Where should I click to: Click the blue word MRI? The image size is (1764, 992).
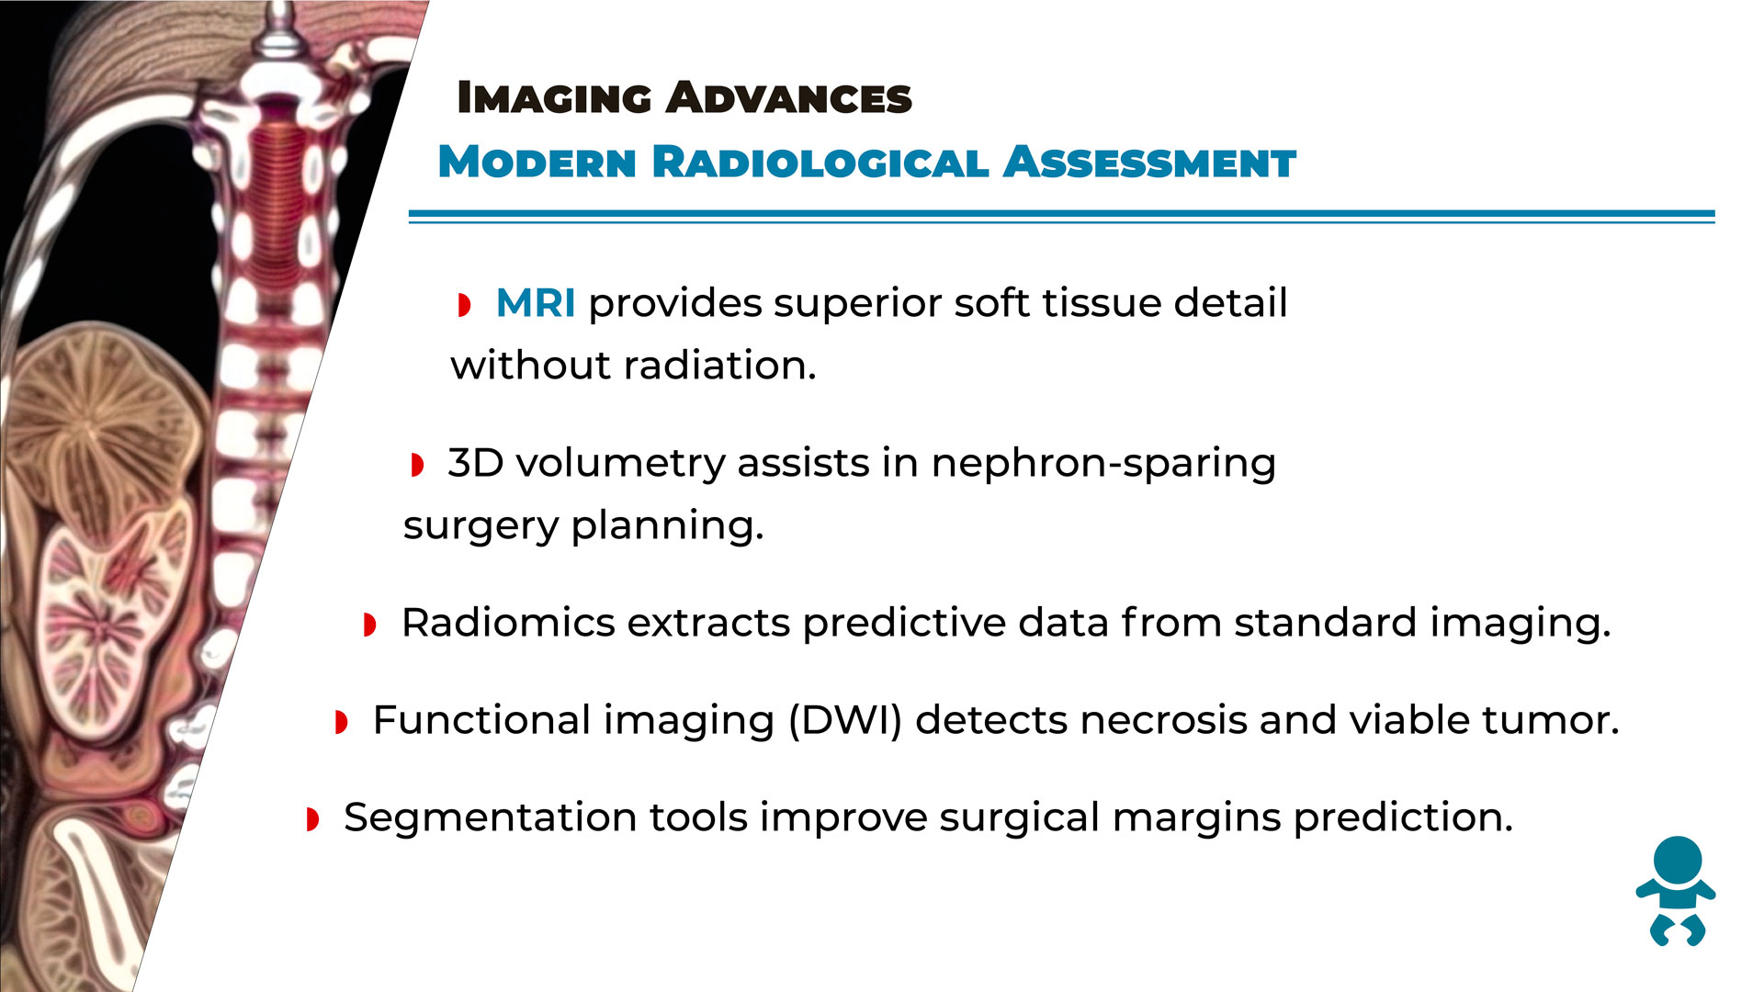point(536,303)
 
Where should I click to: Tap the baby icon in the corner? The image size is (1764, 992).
point(1676,891)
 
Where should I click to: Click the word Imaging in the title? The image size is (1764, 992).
point(555,97)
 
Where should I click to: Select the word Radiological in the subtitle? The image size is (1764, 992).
point(820,163)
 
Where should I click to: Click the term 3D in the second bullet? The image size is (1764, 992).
point(476,463)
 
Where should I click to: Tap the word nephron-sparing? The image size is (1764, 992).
point(1103,465)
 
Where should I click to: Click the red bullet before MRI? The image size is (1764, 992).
point(464,305)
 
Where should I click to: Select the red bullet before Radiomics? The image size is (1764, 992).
point(370,626)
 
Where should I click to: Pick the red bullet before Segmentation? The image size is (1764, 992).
point(312,819)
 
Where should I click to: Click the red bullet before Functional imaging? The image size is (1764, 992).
point(341,722)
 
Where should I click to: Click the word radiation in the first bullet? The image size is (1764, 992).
point(720,366)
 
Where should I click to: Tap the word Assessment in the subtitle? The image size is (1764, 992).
point(1149,163)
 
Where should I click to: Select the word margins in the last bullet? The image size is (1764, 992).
point(1196,818)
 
